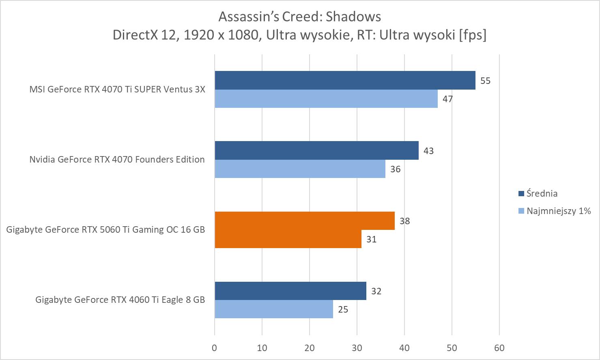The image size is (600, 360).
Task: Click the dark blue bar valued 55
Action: tap(345, 80)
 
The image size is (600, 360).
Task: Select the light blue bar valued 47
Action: tap(326, 99)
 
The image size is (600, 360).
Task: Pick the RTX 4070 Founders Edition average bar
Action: tap(316, 150)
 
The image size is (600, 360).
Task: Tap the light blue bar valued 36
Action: tap(300, 169)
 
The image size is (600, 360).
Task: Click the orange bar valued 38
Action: tap(305, 221)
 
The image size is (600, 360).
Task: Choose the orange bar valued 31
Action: tap(288, 239)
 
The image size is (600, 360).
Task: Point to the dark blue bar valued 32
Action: tap(290, 291)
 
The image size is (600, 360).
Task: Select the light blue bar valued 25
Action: tap(274, 309)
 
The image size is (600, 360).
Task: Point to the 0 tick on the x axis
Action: tap(215, 348)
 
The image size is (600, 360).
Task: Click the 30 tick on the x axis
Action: tap(357, 348)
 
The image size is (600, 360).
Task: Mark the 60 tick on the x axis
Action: tap(499, 348)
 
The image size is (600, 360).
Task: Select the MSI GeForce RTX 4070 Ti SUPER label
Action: tap(117, 89)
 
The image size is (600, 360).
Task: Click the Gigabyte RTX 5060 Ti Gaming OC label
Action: tap(105, 229)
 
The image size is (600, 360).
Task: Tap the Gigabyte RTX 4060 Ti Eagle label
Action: tap(120, 300)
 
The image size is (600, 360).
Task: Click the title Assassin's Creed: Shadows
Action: tap(300, 17)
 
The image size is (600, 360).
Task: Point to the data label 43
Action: tap(428, 151)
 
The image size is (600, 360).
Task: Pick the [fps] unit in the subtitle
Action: tap(473, 35)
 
